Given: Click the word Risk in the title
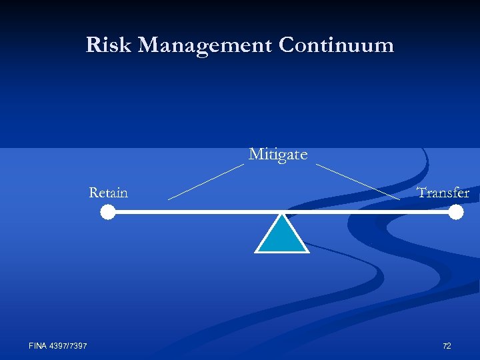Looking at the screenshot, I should tap(109, 45).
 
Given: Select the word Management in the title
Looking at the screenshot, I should tap(206, 45).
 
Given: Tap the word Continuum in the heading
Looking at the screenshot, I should tap(337, 45).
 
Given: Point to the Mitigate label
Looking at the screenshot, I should tap(278, 155).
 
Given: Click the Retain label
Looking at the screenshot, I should tap(108, 193).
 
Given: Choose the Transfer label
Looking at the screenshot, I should tap(443, 193).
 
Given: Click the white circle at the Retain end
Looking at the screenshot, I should tap(108, 213).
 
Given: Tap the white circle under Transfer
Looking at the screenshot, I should tap(456, 213).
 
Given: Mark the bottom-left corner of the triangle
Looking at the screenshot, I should tap(257, 252).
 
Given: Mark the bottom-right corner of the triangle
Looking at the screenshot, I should tap(307, 252).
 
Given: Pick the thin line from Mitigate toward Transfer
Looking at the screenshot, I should tap(357, 181).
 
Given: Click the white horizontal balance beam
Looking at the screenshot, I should tap(200, 213).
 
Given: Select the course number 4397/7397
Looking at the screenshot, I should tap(69, 345).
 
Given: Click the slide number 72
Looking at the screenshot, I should tap(447, 346).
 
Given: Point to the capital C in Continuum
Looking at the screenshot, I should tap(287, 45).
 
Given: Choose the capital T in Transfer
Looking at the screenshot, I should tap(422, 193).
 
